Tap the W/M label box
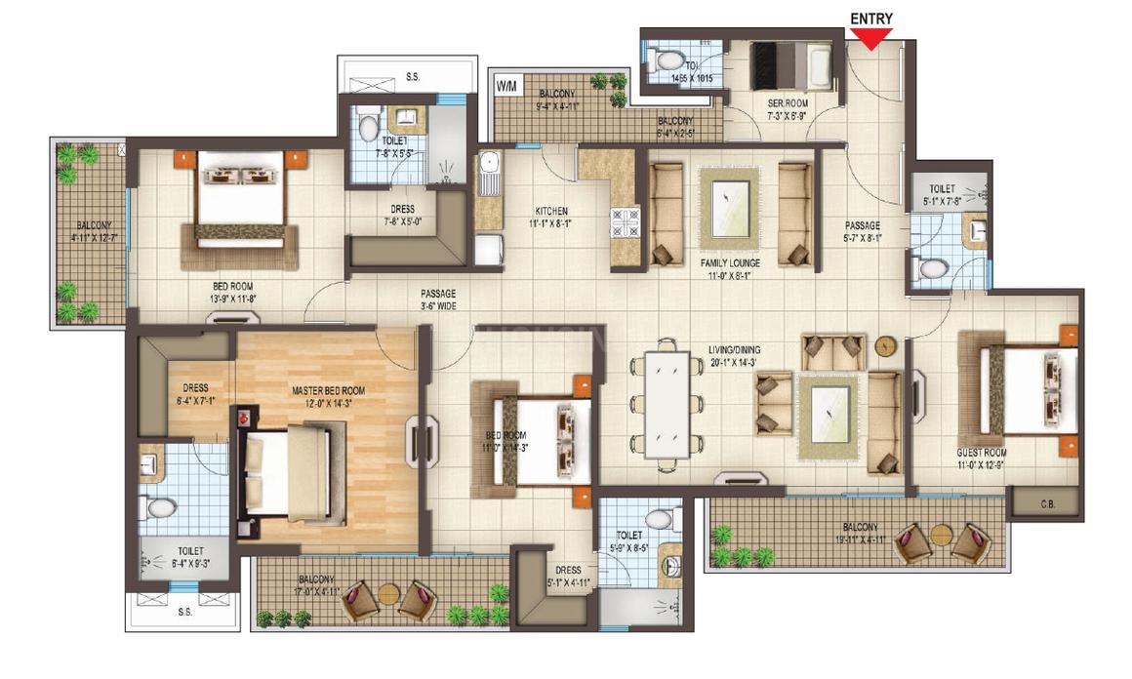[x=506, y=86]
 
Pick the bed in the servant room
[x=789, y=66]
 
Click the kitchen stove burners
[x=625, y=223]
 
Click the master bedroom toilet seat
[x=158, y=507]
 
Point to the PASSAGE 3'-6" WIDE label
[x=438, y=299]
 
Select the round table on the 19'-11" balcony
[x=941, y=535]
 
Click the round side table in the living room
[x=884, y=344]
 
